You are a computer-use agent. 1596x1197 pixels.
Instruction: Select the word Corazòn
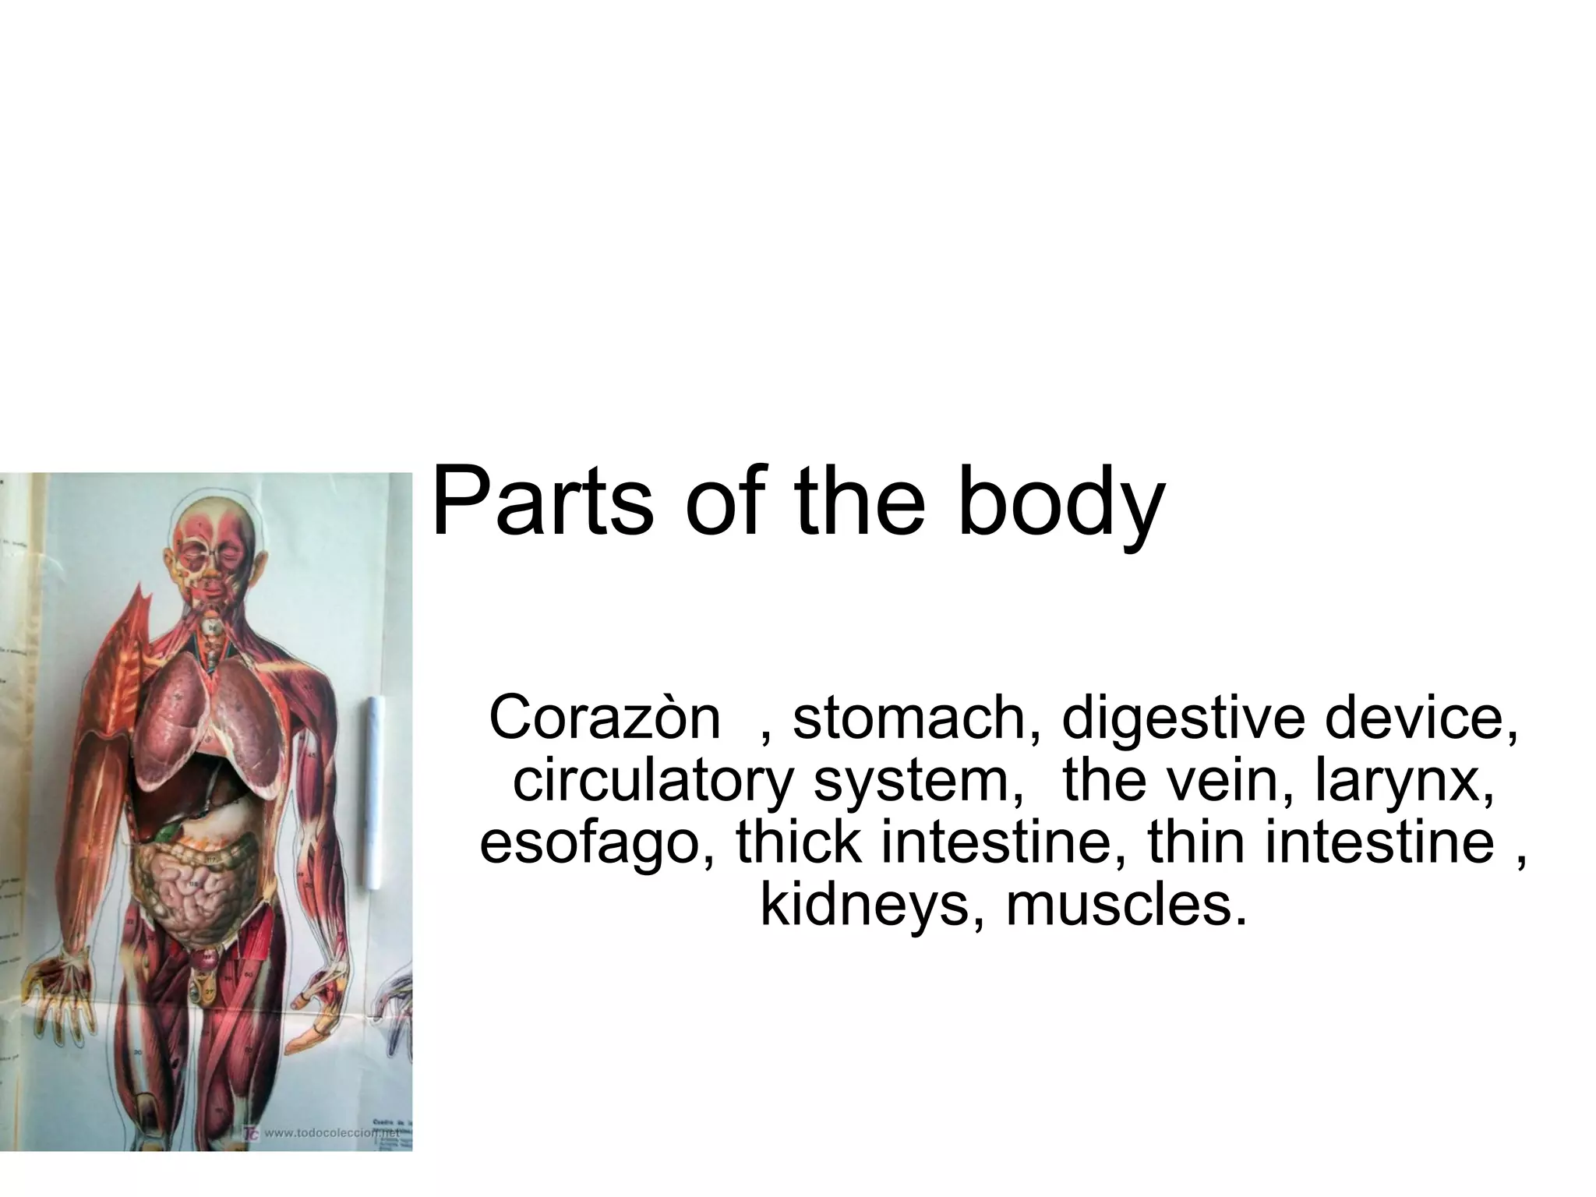coord(604,719)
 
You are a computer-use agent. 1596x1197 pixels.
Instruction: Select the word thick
coord(799,843)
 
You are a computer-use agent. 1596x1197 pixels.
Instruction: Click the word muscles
coord(1121,906)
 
